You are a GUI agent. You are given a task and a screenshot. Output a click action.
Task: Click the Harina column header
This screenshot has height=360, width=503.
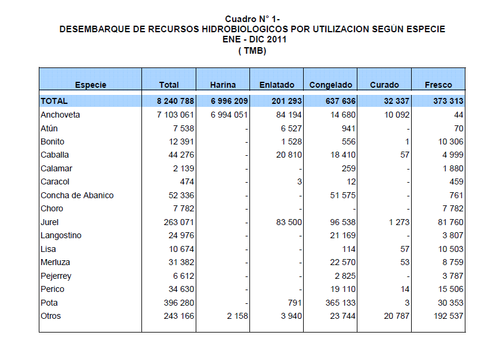pos(223,85)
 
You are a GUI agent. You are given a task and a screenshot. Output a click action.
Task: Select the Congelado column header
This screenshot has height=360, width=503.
pos(331,85)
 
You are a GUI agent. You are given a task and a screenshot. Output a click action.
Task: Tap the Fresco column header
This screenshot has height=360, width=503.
pos(439,85)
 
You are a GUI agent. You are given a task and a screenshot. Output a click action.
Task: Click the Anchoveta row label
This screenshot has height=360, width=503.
pos(60,115)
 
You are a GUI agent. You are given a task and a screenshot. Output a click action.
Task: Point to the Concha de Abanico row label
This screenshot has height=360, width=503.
pos(77,195)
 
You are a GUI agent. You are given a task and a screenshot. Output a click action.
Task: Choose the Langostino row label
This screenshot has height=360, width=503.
pos(61,235)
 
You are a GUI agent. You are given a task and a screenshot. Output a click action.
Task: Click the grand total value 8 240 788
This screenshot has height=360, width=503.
pos(172,101)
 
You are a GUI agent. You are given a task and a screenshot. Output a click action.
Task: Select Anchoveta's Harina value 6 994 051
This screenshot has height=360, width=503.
pos(226,115)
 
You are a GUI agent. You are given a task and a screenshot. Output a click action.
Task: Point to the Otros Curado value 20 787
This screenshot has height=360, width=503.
pos(395,316)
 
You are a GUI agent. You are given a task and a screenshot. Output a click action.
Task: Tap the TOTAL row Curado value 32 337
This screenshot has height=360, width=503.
pos(395,101)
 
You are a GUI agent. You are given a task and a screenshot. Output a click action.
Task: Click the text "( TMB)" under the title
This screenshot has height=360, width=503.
pos(252,51)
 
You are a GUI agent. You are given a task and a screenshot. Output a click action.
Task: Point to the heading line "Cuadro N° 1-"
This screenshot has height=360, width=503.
pos(252,19)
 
